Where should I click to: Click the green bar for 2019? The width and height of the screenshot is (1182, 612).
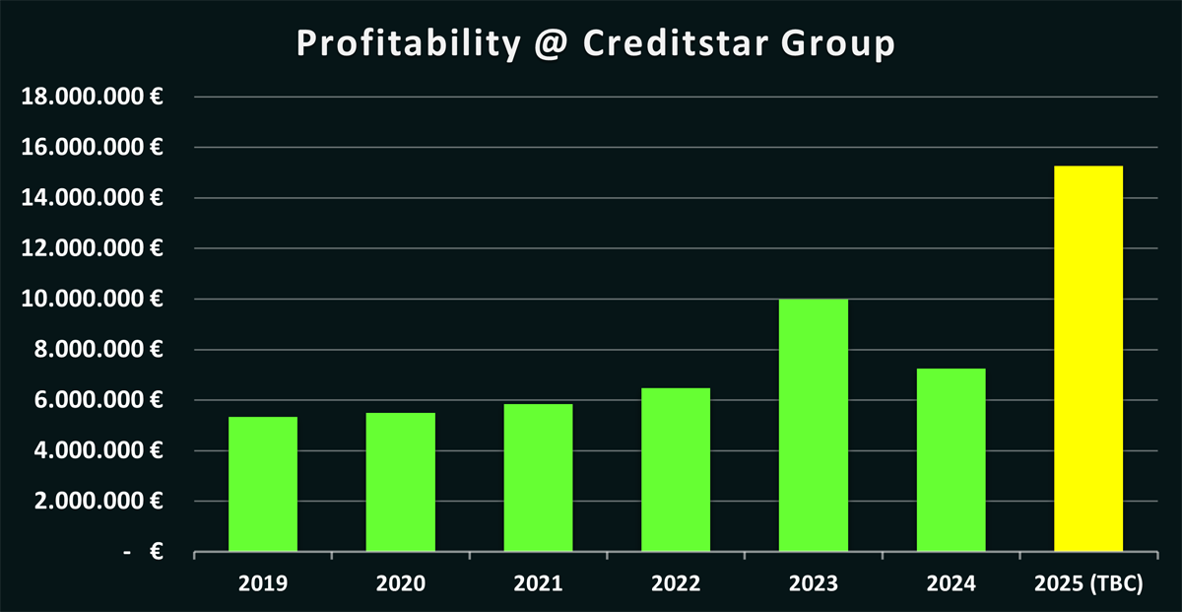coord(263,484)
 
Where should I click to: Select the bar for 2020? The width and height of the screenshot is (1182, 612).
coord(400,482)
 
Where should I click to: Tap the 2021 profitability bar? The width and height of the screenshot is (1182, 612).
coord(538,478)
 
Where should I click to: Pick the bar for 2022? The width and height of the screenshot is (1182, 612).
coord(676,470)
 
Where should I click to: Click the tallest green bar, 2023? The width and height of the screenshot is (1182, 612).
coord(813,425)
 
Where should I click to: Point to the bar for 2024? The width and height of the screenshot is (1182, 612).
coord(951,460)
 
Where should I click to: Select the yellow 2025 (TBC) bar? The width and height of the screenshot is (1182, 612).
coord(1088,359)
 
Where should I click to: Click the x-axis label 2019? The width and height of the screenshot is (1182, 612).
coord(263,583)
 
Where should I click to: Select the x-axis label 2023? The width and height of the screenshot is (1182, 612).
coord(813,583)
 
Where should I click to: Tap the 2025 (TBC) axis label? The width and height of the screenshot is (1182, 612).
coord(1088,583)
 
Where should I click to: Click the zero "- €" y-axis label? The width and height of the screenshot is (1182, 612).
coord(144,553)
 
